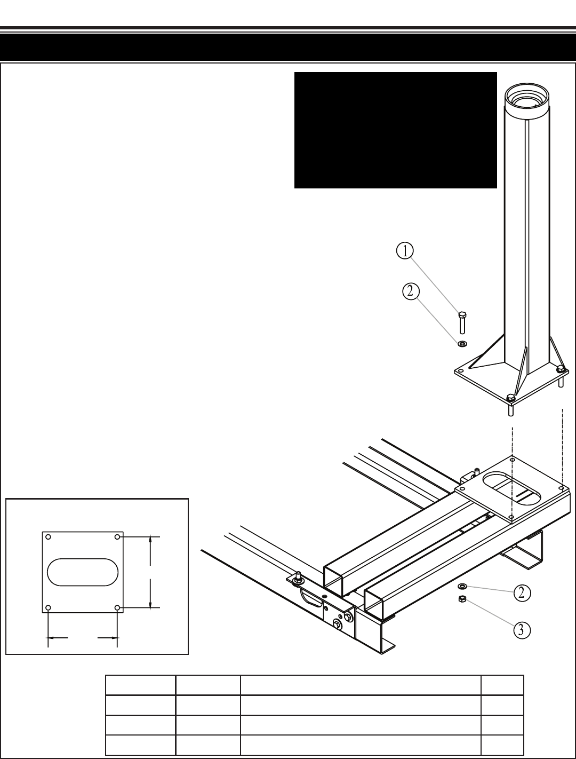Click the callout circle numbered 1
click(x=406, y=250)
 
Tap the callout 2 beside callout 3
click(x=522, y=592)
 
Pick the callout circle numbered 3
click(x=522, y=630)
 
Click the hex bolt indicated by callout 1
click(x=462, y=322)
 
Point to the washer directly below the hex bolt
click(x=462, y=342)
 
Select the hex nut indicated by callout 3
click(x=462, y=599)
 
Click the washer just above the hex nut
click(x=462, y=587)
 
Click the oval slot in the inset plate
click(x=83, y=572)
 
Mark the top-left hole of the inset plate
click(x=49, y=537)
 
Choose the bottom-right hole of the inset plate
click(x=117, y=607)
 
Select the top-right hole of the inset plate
click(x=117, y=537)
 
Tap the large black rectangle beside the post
click(x=395, y=130)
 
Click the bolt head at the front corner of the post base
click(x=510, y=398)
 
